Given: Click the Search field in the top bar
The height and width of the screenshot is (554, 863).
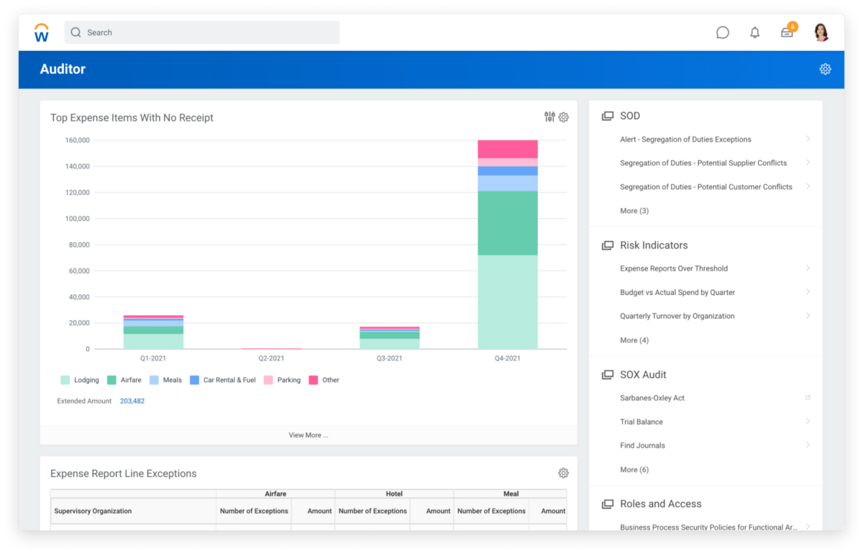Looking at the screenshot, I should click(x=201, y=32).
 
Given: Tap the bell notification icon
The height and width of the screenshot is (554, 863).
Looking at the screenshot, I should click(x=754, y=32).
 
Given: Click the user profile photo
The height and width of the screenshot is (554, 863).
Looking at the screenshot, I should click(x=821, y=32).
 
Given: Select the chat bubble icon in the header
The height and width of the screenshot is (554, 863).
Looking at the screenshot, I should click(x=723, y=32).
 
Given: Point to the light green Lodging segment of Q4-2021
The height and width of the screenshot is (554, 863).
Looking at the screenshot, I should click(x=507, y=302).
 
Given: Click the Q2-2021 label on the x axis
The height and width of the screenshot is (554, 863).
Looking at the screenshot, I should click(x=271, y=358).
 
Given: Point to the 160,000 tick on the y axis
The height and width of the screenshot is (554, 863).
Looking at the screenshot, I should click(x=77, y=140).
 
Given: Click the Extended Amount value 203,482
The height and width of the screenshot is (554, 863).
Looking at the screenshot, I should click(x=132, y=401).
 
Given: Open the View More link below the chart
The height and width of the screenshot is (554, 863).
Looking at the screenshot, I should click(x=309, y=435).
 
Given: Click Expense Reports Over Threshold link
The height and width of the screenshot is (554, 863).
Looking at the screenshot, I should click(x=674, y=268).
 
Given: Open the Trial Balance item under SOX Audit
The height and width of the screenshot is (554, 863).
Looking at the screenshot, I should click(x=641, y=422).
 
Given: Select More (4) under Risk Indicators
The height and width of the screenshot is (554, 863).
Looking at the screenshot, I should click(x=634, y=340).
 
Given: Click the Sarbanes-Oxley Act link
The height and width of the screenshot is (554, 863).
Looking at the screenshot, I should click(x=652, y=398).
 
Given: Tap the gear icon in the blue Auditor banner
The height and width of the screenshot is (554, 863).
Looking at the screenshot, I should click(x=825, y=69).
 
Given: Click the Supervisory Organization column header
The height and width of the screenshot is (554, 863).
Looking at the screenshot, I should click(x=93, y=511).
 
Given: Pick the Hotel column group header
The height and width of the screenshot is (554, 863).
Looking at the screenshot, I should click(x=394, y=494).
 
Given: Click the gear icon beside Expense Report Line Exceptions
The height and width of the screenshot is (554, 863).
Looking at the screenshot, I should click(x=563, y=473).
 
